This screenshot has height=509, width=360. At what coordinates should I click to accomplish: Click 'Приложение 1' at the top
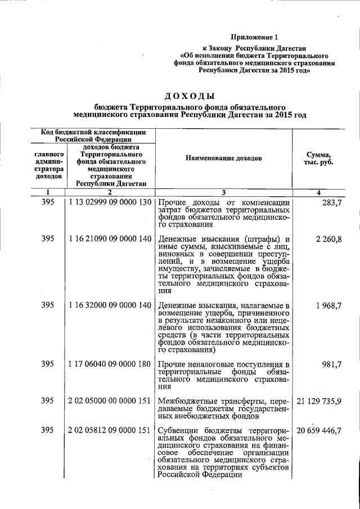[254, 37]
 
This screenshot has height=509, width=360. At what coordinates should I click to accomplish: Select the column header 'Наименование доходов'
[223, 159]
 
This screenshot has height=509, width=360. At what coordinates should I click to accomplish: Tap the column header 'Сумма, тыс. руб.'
[318, 159]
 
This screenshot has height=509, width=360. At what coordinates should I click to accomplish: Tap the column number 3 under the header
[223, 192]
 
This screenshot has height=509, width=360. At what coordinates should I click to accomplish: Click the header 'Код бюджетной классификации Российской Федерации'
[93, 136]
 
